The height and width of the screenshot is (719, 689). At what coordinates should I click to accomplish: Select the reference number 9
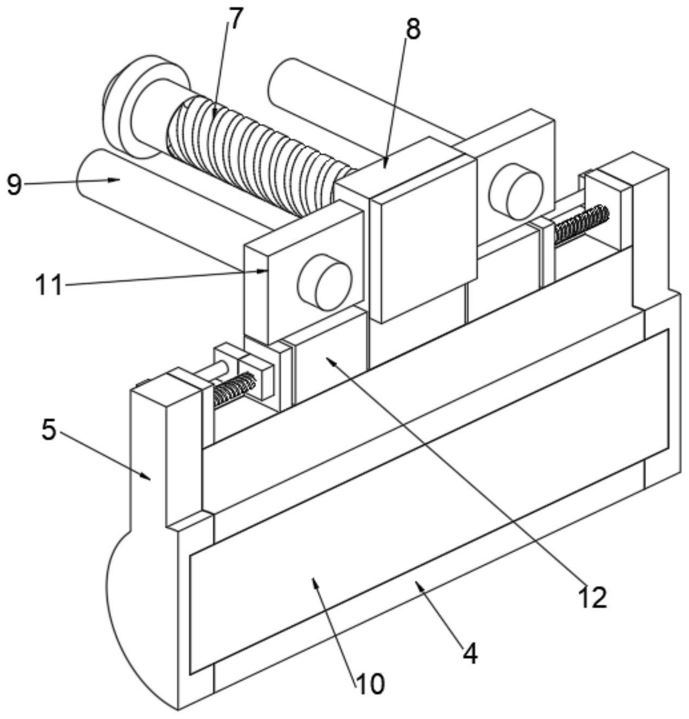coord(14,185)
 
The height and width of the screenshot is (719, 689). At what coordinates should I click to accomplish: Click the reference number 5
coord(49,432)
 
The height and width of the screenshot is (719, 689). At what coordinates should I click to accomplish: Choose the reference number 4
coord(470,655)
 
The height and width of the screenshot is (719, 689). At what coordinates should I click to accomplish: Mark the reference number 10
coord(370,683)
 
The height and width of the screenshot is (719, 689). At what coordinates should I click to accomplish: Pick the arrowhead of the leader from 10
coord(315,582)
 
